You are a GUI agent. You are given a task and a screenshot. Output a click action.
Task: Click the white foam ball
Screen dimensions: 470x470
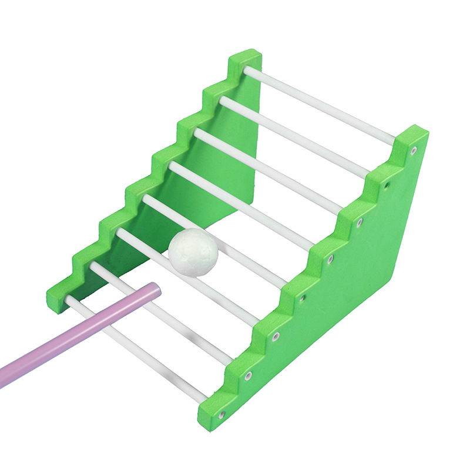click(x=193, y=251)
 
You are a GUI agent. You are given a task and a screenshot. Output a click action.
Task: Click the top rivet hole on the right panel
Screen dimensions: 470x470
click(x=414, y=150)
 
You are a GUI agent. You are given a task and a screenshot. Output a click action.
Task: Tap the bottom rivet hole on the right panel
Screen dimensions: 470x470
click(x=221, y=415)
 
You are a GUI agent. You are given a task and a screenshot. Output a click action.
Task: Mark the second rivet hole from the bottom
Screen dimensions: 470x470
click(x=249, y=375)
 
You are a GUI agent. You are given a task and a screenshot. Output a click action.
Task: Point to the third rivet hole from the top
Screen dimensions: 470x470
click(x=360, y=223)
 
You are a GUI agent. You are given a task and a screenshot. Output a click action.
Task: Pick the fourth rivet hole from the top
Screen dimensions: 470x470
click(x=331, y=258)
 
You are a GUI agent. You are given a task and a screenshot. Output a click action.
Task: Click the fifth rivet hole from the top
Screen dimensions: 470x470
click(x=303, y=298)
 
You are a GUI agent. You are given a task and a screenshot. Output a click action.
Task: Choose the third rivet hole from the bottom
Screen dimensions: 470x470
click(x=276, y=337)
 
